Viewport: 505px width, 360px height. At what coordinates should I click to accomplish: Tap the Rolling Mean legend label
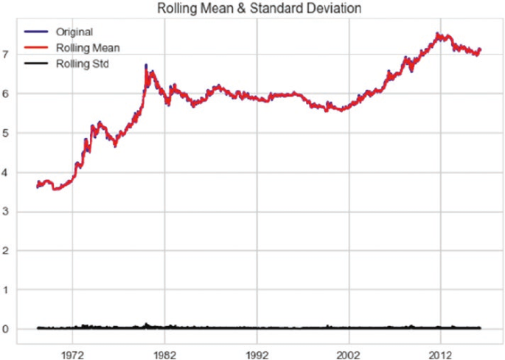click(x=87, y=48)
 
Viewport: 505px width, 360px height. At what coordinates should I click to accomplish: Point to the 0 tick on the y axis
click(x=7, y=329)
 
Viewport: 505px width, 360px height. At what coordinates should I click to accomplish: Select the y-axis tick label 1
click(x=7, y=290)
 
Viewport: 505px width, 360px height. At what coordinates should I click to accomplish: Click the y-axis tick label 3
click(x=7, y=212)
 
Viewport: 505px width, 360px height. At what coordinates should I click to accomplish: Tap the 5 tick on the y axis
click(x=7, y=133)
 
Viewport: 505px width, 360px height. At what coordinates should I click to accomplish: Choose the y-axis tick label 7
click(x=7, y=55)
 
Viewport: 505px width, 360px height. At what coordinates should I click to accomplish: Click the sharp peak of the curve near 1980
click(x=146, y=66)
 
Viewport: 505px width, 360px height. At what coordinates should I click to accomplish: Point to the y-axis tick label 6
click(x=7, y=94)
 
